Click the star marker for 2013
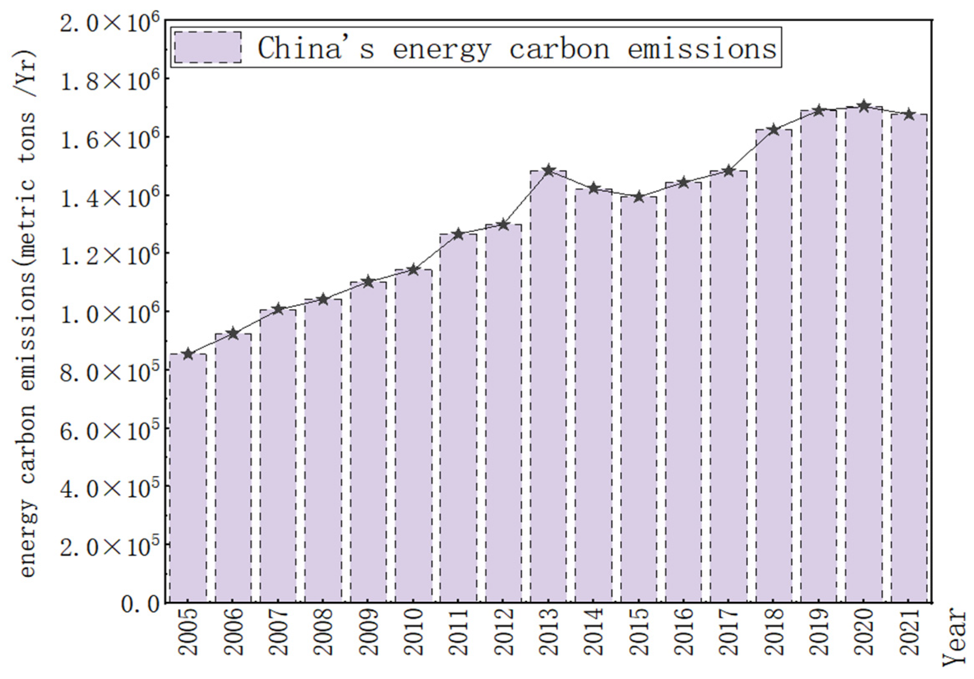click(x=548, y=170)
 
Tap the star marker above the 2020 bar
click(x=863, y=106)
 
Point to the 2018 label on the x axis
click(x=774, y=632)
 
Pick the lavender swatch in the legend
click(x=208, y=47)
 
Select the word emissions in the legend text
click(x=702, y=47)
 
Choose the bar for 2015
click(x=638, y=399)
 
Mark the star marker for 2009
click(x=368, y=281)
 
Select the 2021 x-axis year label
click(x=909, y=632)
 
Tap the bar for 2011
click(x=458, y=418)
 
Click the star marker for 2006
click(x=233, y=333)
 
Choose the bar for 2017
click(x=728, y=386)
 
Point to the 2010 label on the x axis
click(x=414, y=632)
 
